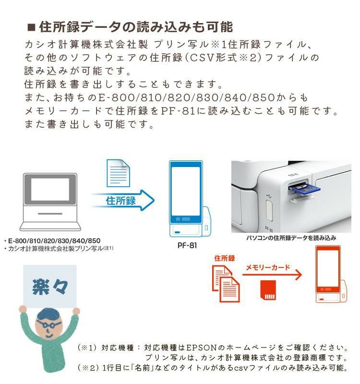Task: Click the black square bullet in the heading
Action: pyautogui.click(x=32, y=26)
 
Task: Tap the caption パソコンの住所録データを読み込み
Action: pyautogui.click(x=291, y=238)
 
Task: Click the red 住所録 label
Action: pyautogui.click(x=225, y=258)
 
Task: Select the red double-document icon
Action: pyautogui.click(x=226, y=284)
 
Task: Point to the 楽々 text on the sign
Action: pyautogui.click(x=50, y=287)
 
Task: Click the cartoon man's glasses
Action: pyautogui.click(x=49, y=324)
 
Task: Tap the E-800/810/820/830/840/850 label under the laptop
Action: pyautogui.click(x=54, y=240)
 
